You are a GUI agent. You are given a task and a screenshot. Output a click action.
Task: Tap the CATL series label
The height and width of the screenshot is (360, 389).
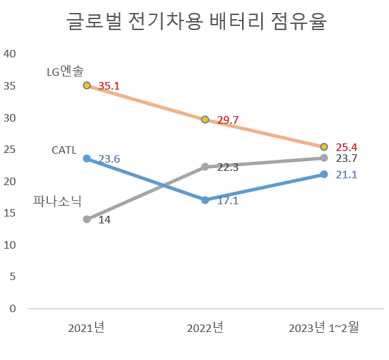pyautogui.click(x=64, y=150)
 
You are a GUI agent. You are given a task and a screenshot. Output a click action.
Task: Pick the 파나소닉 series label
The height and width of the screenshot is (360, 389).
pyautogui.click(x=57, y=201)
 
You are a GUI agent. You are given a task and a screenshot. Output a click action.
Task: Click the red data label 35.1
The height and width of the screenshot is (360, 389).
pyautogui.click(x=109, y=86)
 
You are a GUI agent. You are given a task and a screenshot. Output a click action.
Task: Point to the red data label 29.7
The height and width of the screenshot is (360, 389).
pyautogui.click(x=228, y=120)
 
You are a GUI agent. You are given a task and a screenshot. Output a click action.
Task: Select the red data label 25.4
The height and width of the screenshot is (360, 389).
pyautogui.click(x=347, y=147)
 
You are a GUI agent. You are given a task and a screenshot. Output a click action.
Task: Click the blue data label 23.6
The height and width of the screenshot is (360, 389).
pyautogui.click(x=109, y=158)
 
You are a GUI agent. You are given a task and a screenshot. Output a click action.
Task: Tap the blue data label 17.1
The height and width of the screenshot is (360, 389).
pyautogui.click(x=228, y=201)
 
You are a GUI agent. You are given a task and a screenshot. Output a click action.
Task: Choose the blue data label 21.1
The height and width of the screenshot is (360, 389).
pyautogui.click(x=347, y=175)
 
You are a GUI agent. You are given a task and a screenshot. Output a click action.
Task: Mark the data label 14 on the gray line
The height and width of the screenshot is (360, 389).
pyautogui.click(x=105, y=220)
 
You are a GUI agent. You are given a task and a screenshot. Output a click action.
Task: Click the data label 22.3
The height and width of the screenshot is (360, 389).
pyautogui.click(x=228, y=167)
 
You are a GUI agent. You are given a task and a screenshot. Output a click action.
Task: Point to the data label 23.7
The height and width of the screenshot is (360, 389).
pyautogui.click(x=347, y=158)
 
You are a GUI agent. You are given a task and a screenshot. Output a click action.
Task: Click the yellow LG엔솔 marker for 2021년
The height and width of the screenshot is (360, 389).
pyautogui.click(x=87, y=85)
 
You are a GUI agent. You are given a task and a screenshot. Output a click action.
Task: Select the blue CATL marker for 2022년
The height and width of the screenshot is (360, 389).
pyautogui.click(x=205, y=199)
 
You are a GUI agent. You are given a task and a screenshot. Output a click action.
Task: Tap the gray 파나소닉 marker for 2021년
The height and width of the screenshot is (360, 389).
pyautogui.click(x=87, y=219)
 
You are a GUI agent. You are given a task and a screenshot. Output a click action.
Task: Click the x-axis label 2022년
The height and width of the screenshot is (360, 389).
pyautogui.click(x=205, y=328)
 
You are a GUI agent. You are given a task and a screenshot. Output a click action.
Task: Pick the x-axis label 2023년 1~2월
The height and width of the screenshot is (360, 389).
pyautogui.click(x=324, y=328)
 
